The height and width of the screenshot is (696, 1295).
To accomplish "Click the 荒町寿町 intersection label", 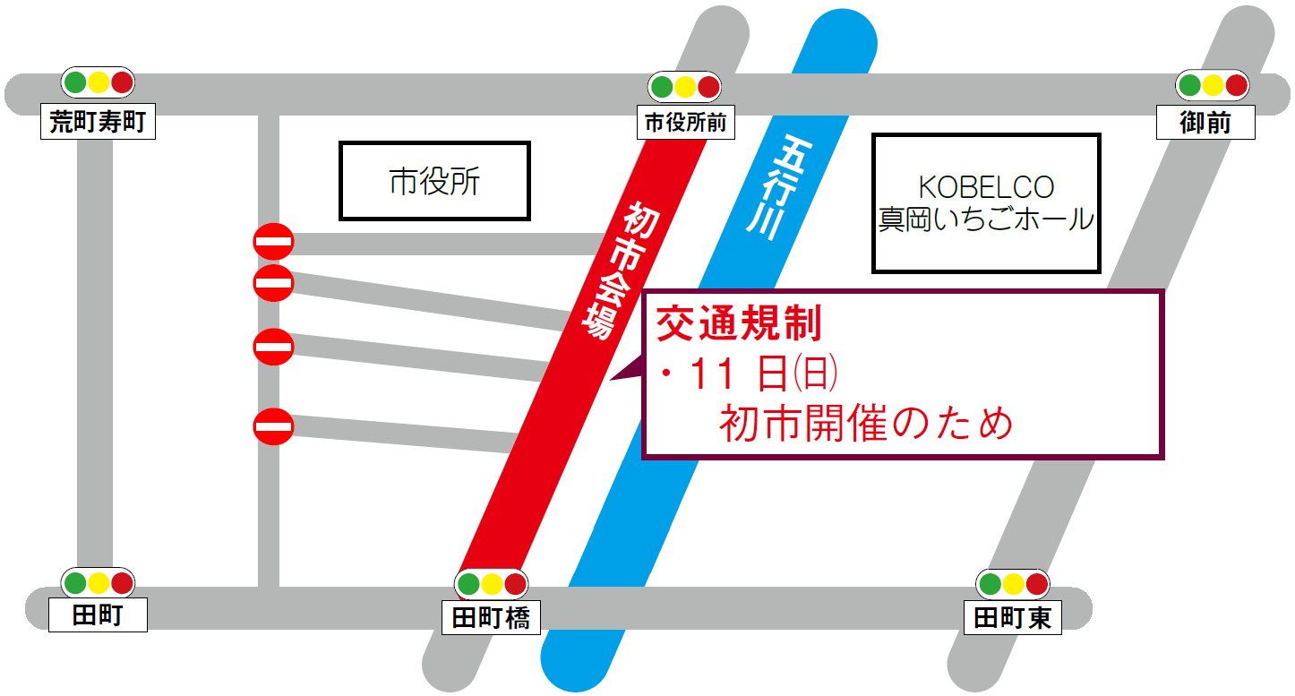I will click(98, 122).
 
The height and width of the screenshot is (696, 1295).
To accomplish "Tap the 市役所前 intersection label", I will click(686, 123).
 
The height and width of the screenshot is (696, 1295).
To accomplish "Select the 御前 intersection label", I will click(1205, 122).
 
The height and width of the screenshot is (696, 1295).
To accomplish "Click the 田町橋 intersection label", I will click(491, 617).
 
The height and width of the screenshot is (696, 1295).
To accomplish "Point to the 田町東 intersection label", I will click(1013, 618).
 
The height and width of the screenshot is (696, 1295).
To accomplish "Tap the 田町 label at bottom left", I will click(97, 615).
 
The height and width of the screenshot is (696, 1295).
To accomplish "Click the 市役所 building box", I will click(434, 181).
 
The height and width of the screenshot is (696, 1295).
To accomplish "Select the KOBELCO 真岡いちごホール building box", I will click(986, 203).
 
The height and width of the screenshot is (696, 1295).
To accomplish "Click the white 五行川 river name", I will click(776, 187).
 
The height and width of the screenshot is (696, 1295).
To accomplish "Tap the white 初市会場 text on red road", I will click(616, 269).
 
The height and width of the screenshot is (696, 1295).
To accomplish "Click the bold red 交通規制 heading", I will click(740, 324).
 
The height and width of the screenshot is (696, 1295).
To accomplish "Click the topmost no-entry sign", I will click(273, 241).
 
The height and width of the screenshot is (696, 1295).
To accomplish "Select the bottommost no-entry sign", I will click(273, 425).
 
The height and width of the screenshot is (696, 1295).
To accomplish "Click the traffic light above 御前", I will click(1213, 85).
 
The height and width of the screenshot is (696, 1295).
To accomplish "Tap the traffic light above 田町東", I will click(1013, 585).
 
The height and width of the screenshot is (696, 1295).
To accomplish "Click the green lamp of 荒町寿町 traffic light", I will click(75, 82).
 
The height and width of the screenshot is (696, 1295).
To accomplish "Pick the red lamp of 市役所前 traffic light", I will click(708, 87).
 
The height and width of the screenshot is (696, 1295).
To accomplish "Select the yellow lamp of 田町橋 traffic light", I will click(491, 585).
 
